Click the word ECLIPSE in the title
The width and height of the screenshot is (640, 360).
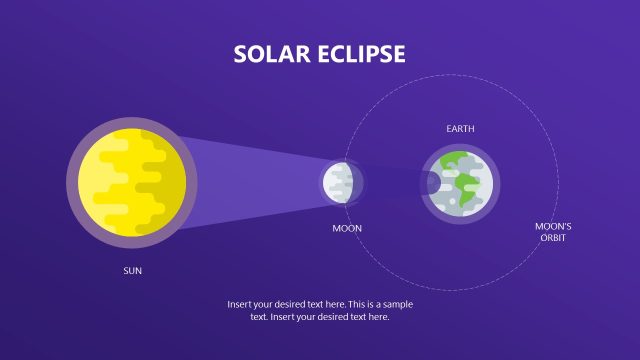(359, 54)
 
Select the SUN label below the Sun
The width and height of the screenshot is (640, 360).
(133, 270)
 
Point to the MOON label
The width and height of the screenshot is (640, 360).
(347, 229)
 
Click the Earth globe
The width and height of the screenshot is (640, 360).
(460, 183)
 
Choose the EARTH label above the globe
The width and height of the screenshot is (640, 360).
(460, 129)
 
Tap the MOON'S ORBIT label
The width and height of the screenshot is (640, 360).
(553, 233)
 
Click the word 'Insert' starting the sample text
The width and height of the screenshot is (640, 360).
(241, 303)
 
